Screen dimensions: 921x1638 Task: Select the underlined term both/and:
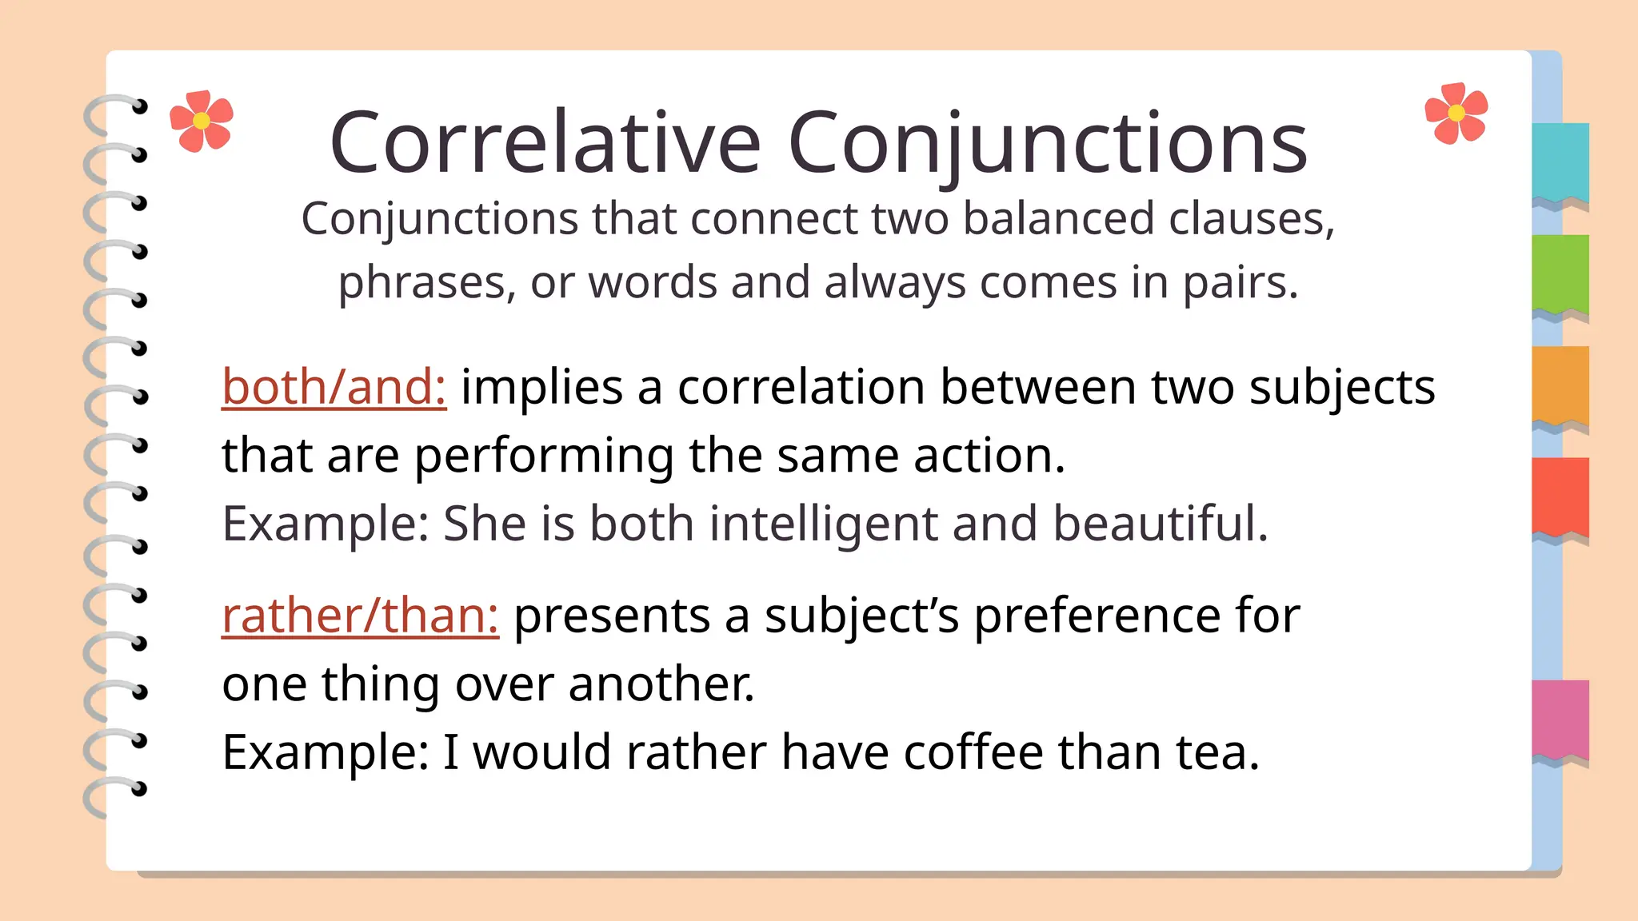point(334,387)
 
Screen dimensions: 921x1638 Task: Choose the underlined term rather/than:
point(360,616)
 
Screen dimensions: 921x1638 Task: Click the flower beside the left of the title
point(202,121)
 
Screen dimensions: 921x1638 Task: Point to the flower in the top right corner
point(1456,114)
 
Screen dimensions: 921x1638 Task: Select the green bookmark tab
point(1560,273)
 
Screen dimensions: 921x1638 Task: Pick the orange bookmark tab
point(1560,385)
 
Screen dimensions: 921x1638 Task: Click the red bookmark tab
point(1560,496)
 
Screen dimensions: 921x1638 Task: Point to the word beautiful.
point(1160,524)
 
